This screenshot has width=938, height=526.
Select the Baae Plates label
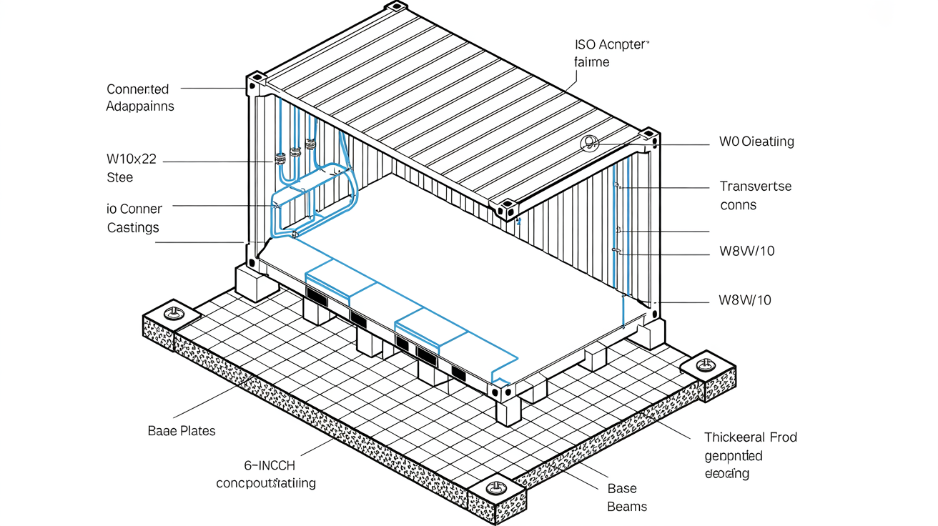tap(181, 431)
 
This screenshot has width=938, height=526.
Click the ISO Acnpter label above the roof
tap(612, 44)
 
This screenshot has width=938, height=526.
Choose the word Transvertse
tap(755, 187)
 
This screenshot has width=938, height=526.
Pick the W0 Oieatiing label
tap(756, 142)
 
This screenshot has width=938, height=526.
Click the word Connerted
tap(137, 89)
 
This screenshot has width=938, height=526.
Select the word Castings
tap(133, 228)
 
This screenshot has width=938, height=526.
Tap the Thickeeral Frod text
tap(750, 437)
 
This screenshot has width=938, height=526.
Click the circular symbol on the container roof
tap(590, 144)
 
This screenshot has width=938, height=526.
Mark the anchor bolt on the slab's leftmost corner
tap(172, 313)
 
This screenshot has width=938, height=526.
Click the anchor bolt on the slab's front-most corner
tap(495, 489)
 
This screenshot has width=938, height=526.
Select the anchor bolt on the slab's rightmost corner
tap(706, 365)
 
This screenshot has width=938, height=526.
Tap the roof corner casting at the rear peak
tap(395, 9)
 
